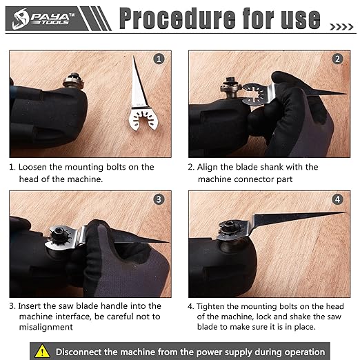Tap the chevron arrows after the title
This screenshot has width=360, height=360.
tap(341, 27)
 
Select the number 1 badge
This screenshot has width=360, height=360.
tap(159, 59)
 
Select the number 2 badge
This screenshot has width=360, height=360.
tap(337, 59)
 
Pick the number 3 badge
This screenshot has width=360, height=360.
tap(159, 199)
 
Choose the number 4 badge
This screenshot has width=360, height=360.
tap(337, 199)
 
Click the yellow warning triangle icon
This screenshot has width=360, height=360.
tap(42, 351)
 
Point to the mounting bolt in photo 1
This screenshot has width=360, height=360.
tap(73, 81)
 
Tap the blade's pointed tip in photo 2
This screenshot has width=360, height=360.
tap(346, 94)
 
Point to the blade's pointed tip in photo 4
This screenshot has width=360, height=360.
tap(346, 212)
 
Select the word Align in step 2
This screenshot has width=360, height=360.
tap(208, 167)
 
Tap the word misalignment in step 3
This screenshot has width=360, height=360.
tap(46, 327)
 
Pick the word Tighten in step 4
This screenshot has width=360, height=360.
tap(210, 307)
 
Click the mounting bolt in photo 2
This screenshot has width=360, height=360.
tap(231, 87)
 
